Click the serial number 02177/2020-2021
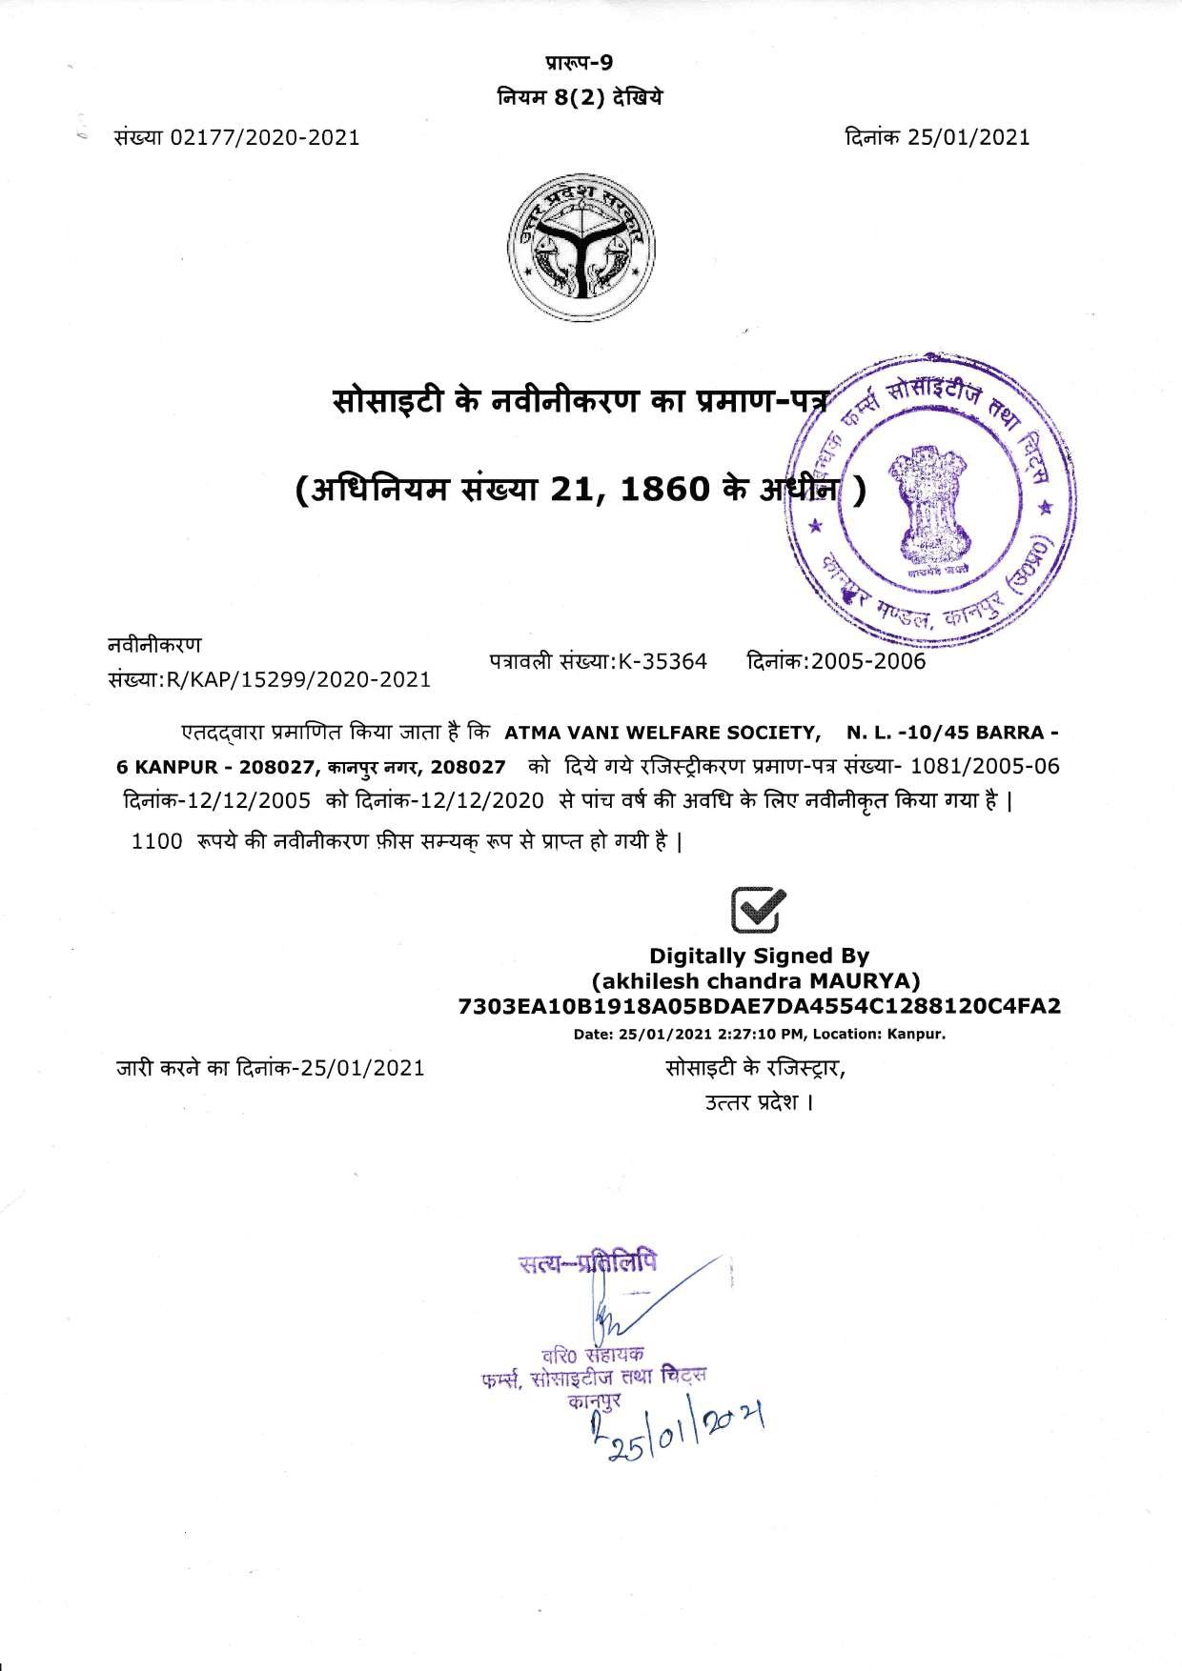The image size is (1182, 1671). (x=264, y=137)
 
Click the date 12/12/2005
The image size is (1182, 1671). (x=243, y=800)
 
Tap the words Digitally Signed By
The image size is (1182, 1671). (x=759, y=956)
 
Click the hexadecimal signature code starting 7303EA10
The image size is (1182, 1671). (x=759, y=1006)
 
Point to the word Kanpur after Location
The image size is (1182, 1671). (x=915, y=1032)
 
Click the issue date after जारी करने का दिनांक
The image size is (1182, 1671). (x=362, y=1068)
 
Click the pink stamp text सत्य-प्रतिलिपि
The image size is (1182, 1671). (x=587, y=1265)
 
